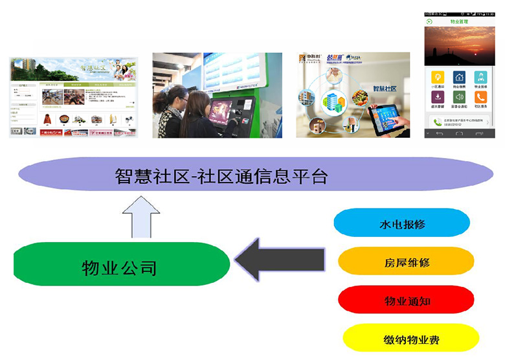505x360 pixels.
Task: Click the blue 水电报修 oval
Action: (401, 223)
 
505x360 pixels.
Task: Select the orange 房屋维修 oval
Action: (406, 262)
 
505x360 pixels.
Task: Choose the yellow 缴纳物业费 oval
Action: (410, 338)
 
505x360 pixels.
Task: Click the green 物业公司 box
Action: (121, 264)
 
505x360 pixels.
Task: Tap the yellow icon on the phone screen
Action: (437, 77)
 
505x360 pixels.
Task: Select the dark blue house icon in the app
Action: (458, 77)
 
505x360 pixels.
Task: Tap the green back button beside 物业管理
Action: (430, 21)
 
